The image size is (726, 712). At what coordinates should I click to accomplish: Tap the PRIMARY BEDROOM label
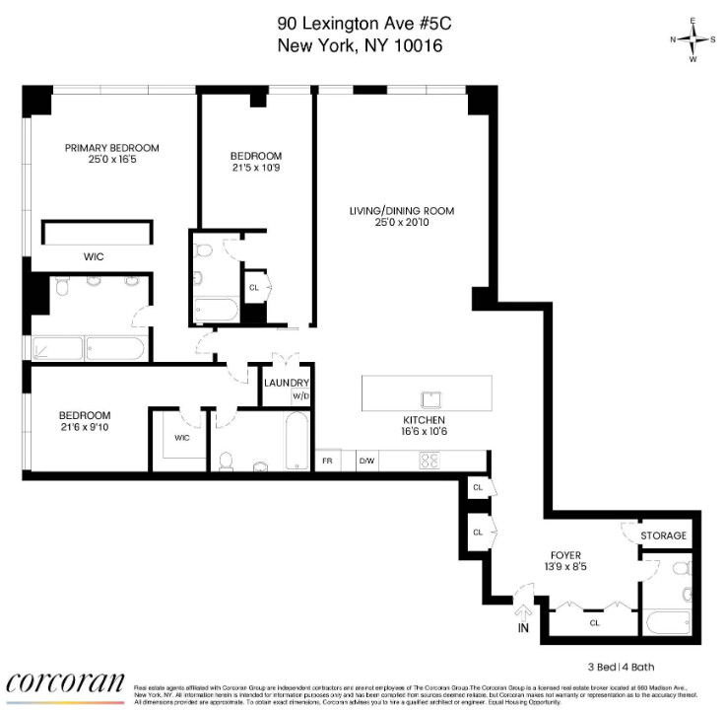111,148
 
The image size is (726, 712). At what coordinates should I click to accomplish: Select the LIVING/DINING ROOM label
402,211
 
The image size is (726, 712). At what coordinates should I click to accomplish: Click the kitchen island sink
430,399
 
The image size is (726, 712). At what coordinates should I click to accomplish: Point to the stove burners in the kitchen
430,460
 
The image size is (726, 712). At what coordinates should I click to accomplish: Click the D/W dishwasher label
366,461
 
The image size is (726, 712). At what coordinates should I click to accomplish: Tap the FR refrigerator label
327,461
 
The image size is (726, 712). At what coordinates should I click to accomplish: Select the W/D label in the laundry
300,397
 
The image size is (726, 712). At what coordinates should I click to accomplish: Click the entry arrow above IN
522,609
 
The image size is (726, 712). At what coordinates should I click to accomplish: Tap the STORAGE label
663,535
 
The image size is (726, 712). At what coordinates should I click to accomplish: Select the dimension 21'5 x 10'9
256,169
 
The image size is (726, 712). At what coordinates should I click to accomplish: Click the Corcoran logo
66,683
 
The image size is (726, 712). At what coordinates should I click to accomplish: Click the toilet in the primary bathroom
60,288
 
